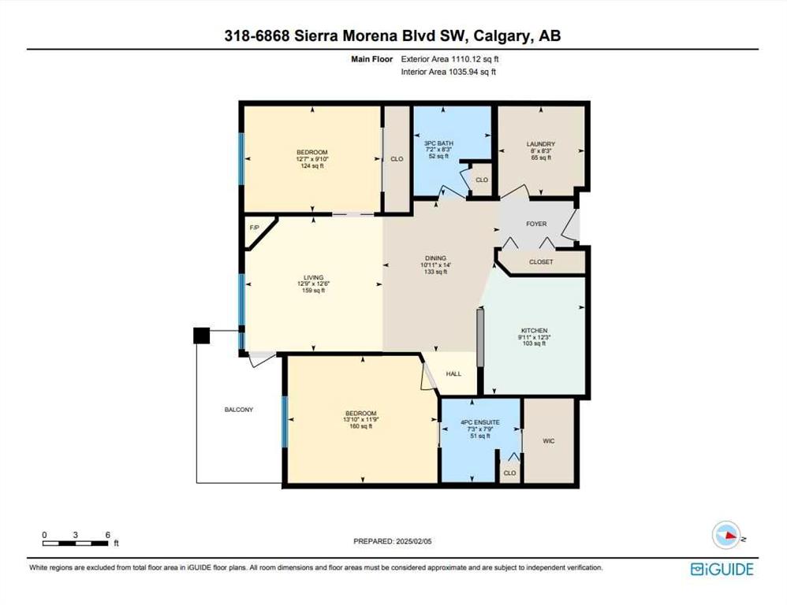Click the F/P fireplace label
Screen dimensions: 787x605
click(255, 228)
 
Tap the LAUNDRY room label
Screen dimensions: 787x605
click(540, 144)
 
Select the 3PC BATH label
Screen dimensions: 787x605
click(438, 143)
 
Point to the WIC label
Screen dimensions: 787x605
click(549, 441)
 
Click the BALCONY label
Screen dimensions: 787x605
click(239, 410)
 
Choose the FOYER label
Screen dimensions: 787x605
click(536, 224)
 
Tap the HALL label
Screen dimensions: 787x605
click(453, 373)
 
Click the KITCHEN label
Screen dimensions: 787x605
click(534, 331)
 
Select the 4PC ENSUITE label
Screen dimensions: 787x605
click(479, 422)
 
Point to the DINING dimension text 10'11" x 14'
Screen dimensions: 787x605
click(435, 265)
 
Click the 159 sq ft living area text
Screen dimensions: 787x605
click(313, 290)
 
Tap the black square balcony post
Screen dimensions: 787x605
click(201, 336)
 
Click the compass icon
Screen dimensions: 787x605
click(727, 535)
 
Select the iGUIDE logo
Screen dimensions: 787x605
click(722, 569)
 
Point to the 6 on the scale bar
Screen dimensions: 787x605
click(107, 535)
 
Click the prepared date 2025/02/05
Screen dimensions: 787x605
click(414, 541)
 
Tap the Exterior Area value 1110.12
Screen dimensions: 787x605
click(465, 58)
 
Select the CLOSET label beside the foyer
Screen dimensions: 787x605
click(541, 262)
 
